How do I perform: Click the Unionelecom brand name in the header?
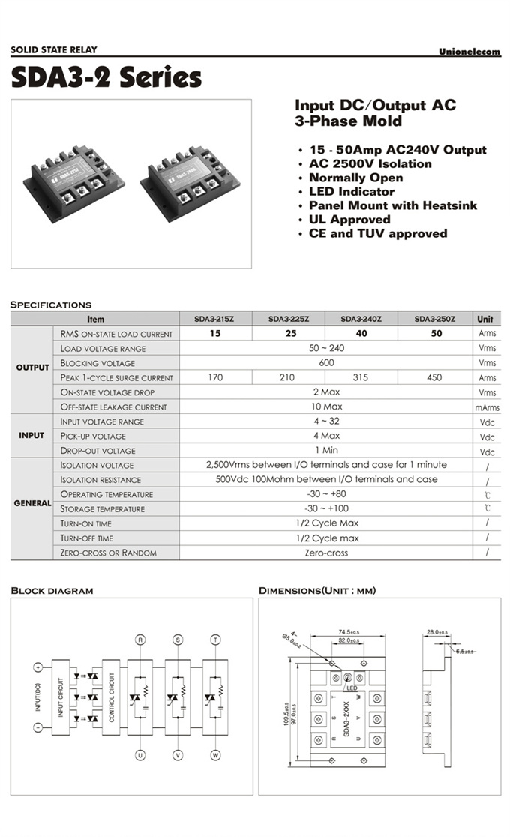(469, 52)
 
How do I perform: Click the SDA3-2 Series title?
(106, 77)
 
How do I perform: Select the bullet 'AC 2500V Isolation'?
(370, 163)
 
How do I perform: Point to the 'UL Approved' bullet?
(349, 220)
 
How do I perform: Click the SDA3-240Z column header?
(361, 319)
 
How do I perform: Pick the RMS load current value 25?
(287, 334)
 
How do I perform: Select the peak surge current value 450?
(434, 377)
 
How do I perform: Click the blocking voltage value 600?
(325, 363)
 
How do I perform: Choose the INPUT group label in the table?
(31, 435)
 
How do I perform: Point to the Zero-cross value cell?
(325, 553)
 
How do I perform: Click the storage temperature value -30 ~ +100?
(325, 508)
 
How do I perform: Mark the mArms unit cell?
(487, 407)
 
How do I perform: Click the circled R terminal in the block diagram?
(139, 640)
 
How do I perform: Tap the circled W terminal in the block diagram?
(215, 755)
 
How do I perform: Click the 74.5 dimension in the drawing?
(344, 631)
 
